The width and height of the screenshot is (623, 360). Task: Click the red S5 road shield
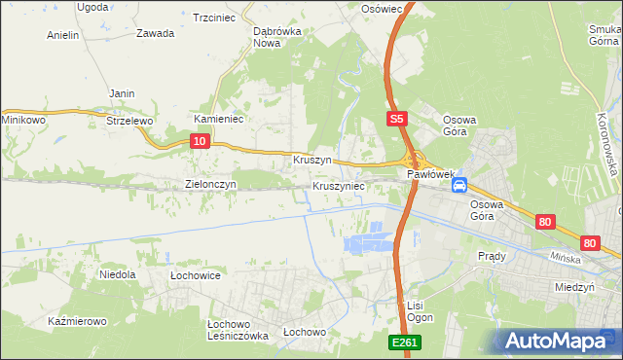(394, 119)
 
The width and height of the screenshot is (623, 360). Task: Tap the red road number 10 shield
(199, 141)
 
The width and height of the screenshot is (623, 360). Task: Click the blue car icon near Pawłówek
(459, 184)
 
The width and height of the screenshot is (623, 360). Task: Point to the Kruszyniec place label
(339, 185)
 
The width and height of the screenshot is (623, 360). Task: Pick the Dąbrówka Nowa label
(275, 37)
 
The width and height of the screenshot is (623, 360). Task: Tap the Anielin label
(63, 35)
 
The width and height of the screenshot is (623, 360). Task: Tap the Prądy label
(493, 256)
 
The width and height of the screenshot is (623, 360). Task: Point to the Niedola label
(117, 275)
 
